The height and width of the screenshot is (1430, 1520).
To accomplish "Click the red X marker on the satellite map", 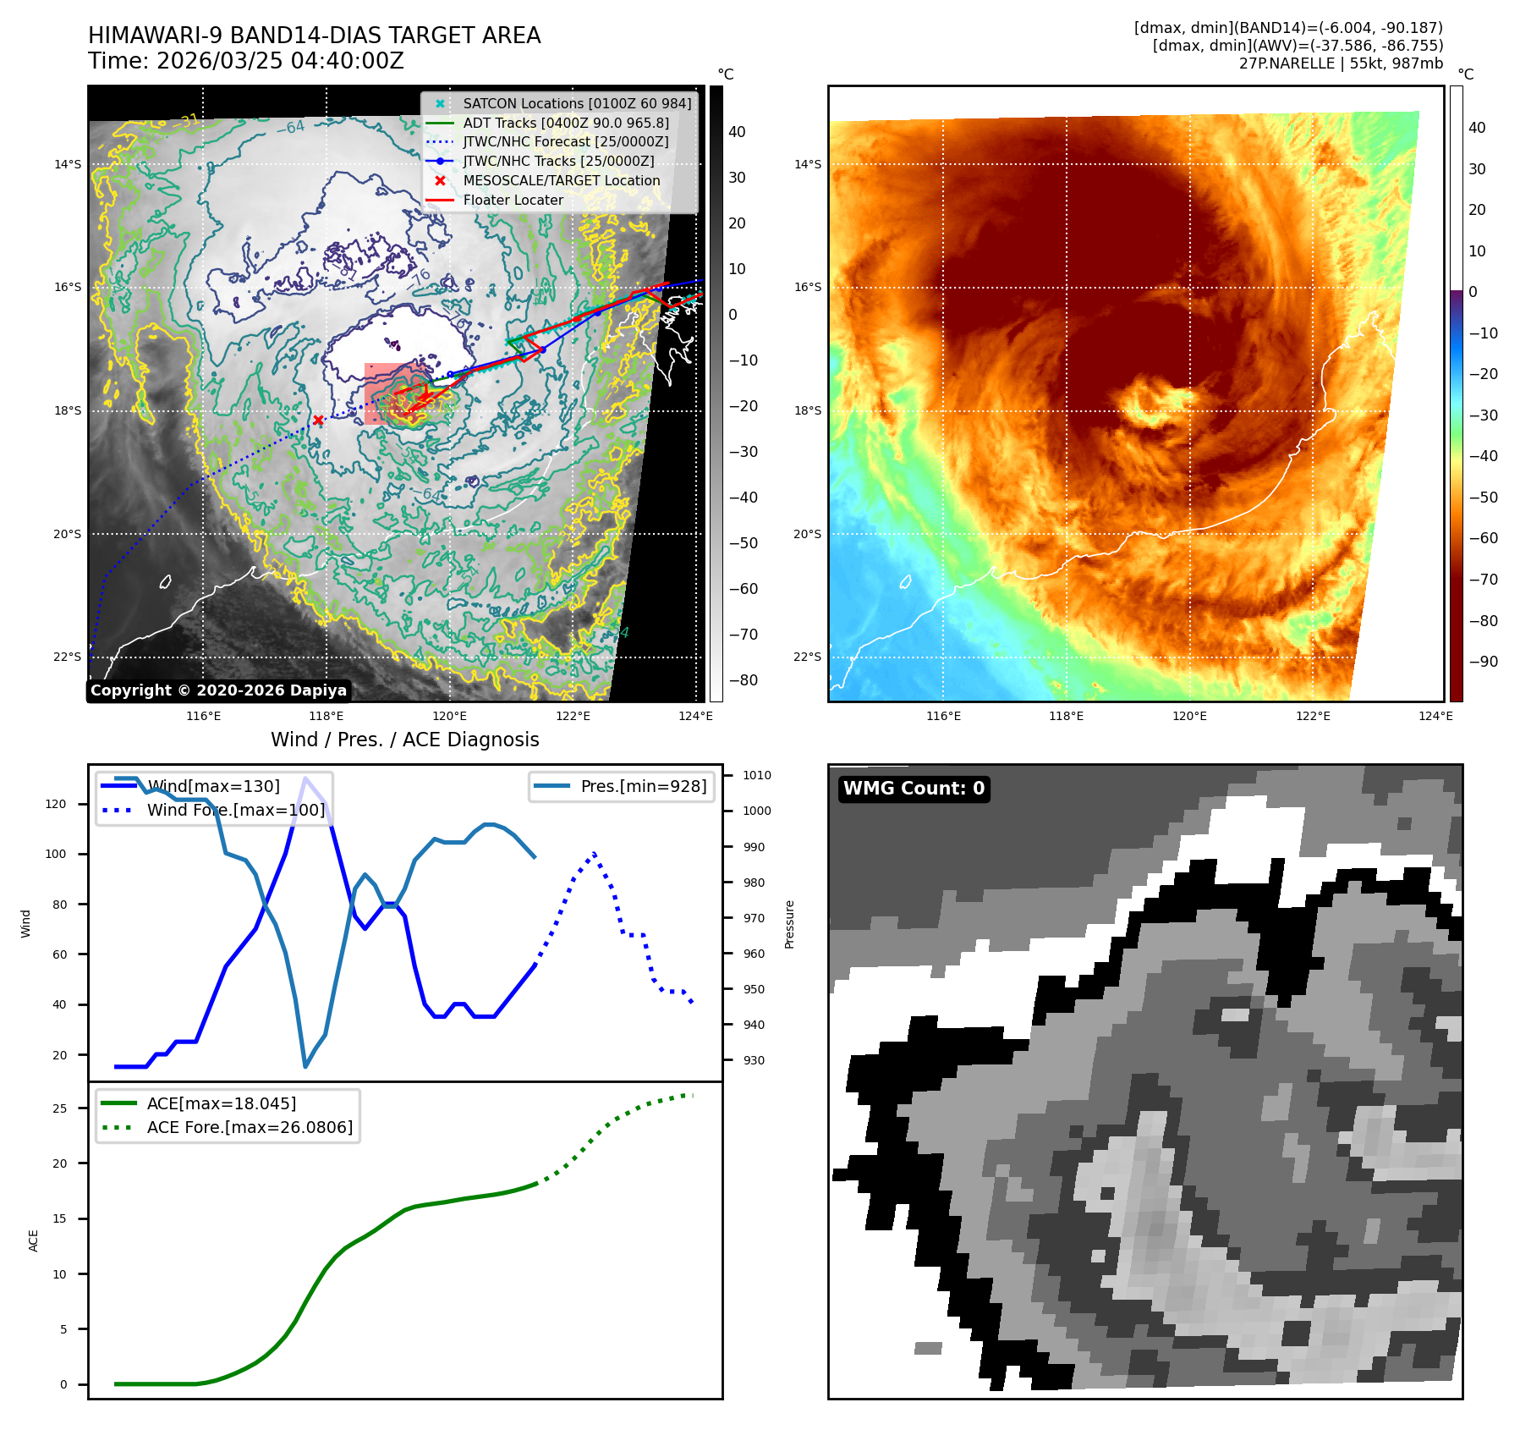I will pos(318,420).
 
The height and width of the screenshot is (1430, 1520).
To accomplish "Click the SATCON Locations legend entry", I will pos(576,103).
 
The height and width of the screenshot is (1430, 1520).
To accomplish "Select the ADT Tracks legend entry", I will pos(565,123).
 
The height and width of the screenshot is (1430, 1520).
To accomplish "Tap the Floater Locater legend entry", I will pos(513,200).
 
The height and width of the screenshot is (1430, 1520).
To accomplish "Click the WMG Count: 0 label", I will pos(914,789).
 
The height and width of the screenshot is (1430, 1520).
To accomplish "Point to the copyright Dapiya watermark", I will pos(218,690).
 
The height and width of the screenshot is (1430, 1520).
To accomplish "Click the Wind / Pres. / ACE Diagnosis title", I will pos(404,740).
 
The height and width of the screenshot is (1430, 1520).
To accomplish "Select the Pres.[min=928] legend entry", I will pos(643,786).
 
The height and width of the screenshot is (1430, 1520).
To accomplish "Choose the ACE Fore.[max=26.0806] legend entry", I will pos(250,1127).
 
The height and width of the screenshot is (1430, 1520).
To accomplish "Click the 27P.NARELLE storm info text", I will pos(1341,63).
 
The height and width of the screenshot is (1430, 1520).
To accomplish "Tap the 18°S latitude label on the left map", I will pos(68,411).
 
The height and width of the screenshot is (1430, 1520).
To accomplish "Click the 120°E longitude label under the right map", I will pos(1189,717).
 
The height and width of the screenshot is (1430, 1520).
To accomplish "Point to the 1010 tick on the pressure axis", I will pos(756,775).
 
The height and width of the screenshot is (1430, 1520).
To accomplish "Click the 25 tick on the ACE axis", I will pos(60,1108).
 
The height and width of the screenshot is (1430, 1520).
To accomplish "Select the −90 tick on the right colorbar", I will pos(1483,662).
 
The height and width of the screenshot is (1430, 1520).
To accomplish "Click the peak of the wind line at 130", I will pos(305,778).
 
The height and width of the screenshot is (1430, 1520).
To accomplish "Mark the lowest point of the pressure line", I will pos(305,1066).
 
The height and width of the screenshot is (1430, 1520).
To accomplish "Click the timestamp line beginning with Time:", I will pos(246,61).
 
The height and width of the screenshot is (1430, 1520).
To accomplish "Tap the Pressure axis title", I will pos(789,924).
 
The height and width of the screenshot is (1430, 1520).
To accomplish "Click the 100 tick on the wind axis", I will pos(56,855).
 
